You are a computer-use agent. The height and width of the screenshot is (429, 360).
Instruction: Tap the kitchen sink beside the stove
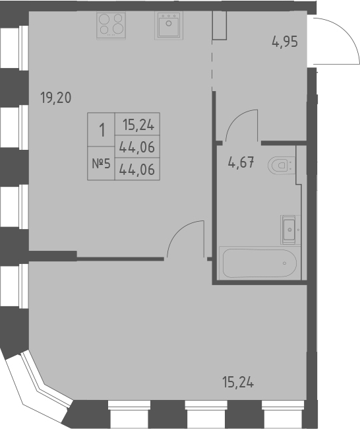pyautogui.click(x=169, y=25)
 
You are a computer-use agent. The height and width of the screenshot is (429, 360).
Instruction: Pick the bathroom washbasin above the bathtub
pyautogui.click(x=289, y=229)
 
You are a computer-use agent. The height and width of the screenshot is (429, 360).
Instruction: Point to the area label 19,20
pyautogui.click(x=55, y=99)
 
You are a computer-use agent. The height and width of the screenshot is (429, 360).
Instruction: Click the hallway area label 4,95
pyautogui.click(x=285, y=44)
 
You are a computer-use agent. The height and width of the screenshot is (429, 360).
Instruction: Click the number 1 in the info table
pyautogui.click(x=102, y=129)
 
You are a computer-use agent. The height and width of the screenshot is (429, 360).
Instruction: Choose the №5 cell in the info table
pyautogui.click(x=102, y=163)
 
